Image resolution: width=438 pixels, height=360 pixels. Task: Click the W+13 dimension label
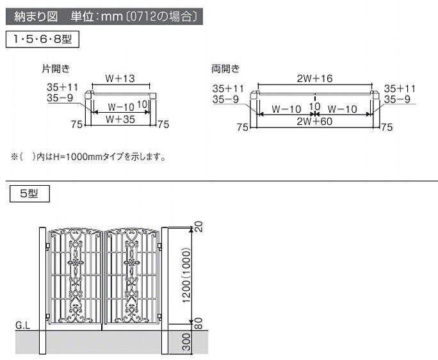[x=120, y=78]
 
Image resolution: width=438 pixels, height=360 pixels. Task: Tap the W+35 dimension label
[x=120, y=119]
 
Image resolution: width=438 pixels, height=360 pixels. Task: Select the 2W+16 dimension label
[x=314, y=78]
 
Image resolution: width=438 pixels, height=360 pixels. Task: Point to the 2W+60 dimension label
[x=314, y=121]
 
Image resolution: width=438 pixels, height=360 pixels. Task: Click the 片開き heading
[x=56, y=69]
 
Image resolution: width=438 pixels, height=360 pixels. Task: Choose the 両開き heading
[x=225, y=69]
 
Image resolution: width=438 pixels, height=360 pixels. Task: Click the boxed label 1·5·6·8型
[x=42, y=39]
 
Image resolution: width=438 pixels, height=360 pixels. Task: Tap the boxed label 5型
[x=29, y=193]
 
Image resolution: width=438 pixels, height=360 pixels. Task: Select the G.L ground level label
[x=22, y=325]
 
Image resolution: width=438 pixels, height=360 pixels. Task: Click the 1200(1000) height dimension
[x=186, y=275]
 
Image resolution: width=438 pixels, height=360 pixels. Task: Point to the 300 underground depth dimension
[x=186, y=342]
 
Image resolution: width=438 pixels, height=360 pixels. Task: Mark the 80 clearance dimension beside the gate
[x=198, y=323]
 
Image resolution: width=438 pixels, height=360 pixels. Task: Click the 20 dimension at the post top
[x=198, y=227]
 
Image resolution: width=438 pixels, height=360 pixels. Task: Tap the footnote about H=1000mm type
[x=88, y=157]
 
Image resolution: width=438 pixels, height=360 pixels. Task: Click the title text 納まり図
[x=36, y=17]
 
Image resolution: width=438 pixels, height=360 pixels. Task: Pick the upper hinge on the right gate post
[x=159, y=246]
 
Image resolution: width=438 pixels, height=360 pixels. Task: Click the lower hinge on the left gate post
[x=47, y=316]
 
